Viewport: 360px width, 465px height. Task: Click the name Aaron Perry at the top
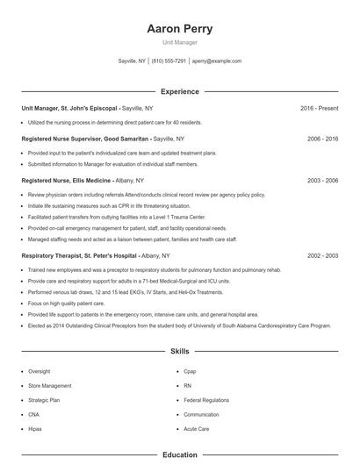point(180,28)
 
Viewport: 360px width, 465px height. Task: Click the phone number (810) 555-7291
point(169,61)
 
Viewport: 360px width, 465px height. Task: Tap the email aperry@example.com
point(217,61)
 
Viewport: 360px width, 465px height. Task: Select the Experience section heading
point(180,91)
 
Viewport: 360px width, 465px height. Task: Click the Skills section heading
point(180,352)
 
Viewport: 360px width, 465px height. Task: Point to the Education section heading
point(180,455)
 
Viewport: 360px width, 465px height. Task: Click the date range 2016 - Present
point(319,108)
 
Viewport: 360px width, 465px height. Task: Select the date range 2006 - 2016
point(322,139)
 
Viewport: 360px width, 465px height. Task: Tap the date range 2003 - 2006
point(322,180)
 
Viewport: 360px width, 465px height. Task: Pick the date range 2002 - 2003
point(322,255)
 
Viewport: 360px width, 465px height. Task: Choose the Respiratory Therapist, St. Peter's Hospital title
point(79,255)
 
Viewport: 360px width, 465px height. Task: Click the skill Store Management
point(50,385)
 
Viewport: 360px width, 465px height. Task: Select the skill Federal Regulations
point(206,400)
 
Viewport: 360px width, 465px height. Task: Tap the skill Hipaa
point(35,428)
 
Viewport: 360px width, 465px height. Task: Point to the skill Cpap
point(191,371)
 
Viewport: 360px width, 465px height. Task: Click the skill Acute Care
point(197,428)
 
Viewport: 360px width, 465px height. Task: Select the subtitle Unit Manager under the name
point(180,42)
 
